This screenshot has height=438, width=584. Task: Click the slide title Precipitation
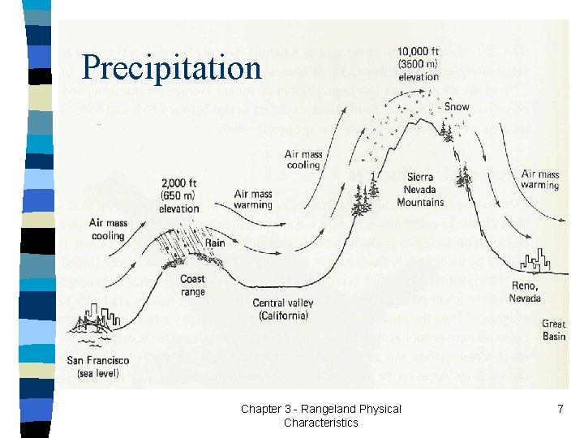(172, 67)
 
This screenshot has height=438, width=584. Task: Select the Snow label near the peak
(457, 106)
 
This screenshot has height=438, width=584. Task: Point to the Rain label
(215, 243)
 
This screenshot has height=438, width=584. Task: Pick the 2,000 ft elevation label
(178, 195)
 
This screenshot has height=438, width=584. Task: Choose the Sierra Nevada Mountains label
(420, 191)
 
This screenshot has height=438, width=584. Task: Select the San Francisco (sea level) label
(97, 366)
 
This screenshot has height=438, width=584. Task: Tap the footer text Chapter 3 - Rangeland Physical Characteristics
(320, 415)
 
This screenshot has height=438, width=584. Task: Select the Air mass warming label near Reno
(540, 179)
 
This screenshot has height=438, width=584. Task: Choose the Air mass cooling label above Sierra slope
(304, 159)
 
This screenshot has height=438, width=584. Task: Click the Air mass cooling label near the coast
(107, 230)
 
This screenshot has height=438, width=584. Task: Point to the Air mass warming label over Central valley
(252, 200)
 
